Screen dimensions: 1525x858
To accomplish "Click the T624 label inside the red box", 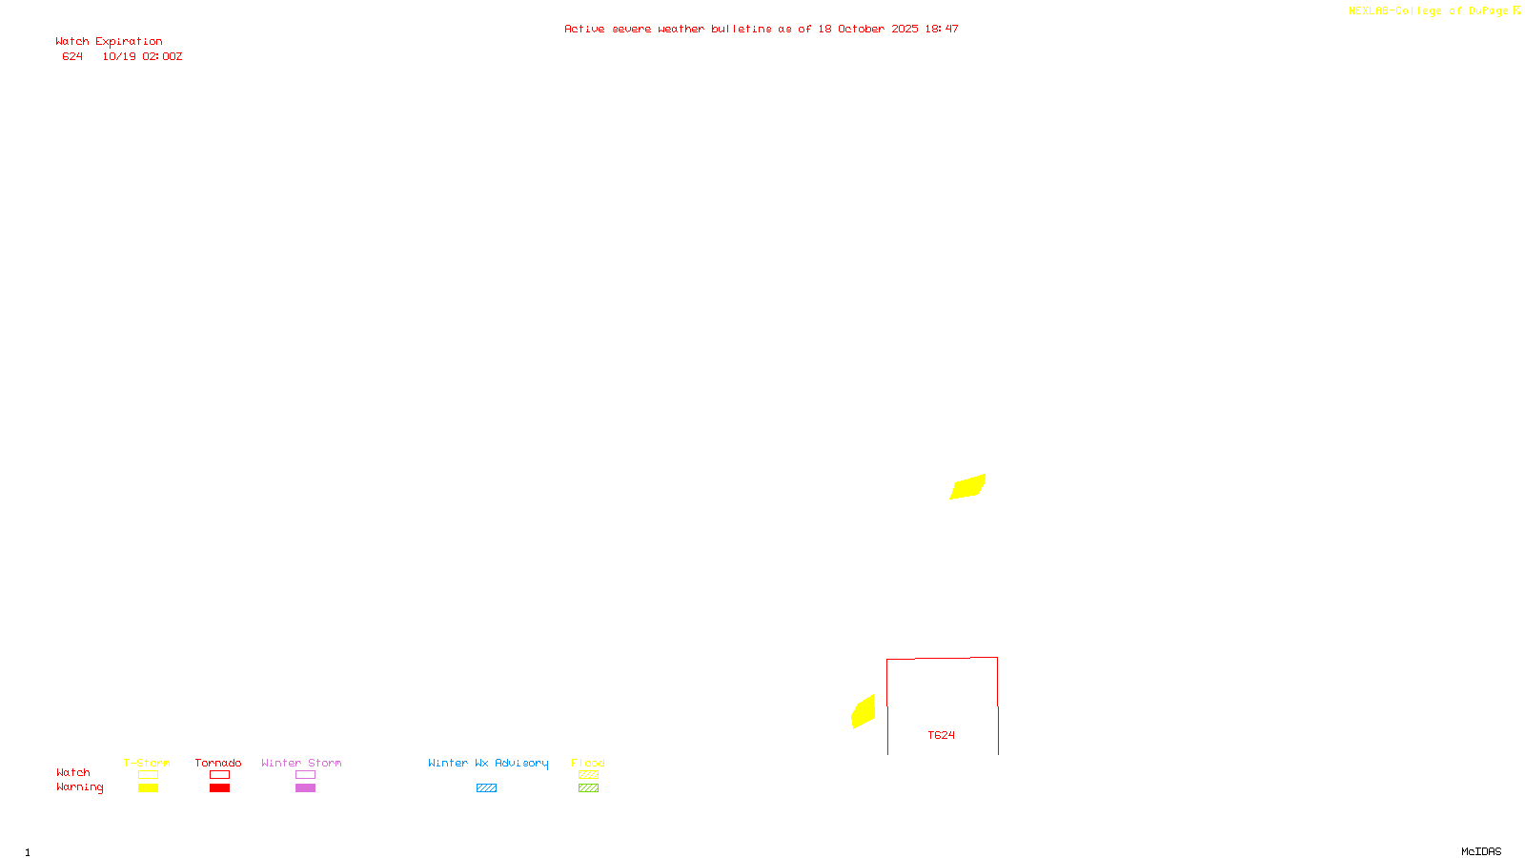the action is pos(941,735).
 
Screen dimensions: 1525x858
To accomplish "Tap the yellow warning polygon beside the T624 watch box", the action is pos(864,712).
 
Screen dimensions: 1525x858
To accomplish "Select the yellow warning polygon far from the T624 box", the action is pos(967,487).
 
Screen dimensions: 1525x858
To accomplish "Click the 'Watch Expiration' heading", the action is pos(109,42).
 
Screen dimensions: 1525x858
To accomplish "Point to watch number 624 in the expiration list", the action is pos(72,57).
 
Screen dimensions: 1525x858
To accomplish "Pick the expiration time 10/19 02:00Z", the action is pos(142,57).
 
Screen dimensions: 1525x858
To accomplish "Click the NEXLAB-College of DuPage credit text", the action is pos(1429,11).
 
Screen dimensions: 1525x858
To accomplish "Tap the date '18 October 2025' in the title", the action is pos(868,30).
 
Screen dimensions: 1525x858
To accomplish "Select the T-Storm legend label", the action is pos(147,763).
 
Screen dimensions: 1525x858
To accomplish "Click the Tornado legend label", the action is pos(218,763).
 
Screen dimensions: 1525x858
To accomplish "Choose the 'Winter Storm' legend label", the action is pos(301,763).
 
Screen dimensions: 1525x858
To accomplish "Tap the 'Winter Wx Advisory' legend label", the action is pos(488,763).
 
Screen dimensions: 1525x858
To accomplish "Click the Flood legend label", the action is pos(588,763).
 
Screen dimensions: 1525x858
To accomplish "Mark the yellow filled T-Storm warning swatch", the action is pos(148,788).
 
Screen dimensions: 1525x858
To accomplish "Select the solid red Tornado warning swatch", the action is pos(219,788).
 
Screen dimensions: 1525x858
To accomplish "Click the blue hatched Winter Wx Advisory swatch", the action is pos(486,788).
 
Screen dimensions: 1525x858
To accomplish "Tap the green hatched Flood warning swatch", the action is pos(588,788).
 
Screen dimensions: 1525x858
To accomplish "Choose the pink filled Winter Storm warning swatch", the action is pos(305,788).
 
